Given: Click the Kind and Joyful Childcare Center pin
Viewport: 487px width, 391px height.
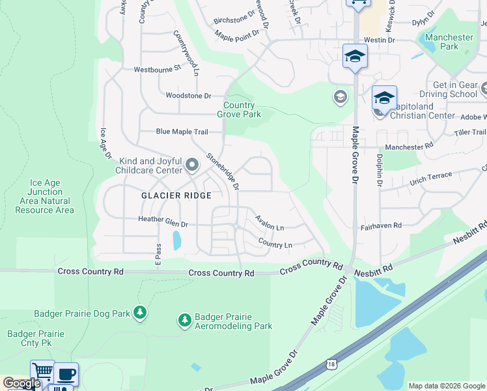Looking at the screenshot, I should click(x=191, y=166).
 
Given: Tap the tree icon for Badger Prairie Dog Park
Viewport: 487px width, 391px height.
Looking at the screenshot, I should click(x=139, y=313).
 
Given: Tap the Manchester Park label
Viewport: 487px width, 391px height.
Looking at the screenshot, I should click(x=449, y=42).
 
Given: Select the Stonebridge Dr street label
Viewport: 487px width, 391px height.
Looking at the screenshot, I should click(x=223, y=171).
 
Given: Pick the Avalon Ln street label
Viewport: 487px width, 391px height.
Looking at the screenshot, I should click(x=270, y=223).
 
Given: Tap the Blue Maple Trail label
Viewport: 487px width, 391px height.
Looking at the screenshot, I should click(x=182, y=132).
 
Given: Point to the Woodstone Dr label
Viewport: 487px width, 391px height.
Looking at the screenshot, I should click(x=189, y=96).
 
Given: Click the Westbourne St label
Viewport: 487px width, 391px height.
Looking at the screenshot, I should click(x=157, y=69).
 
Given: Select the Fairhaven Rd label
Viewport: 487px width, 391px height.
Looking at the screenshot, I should click(x=381, y=226).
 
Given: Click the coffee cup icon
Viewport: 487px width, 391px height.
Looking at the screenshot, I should click(x=66, y=375).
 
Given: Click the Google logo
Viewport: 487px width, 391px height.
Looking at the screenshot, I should click(x=21, y=383).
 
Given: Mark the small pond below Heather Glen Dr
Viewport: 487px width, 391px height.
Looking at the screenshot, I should click(x=176, y=241).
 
